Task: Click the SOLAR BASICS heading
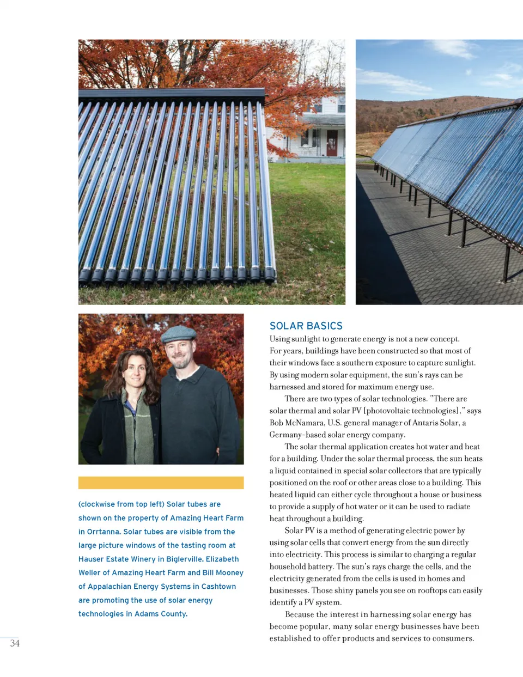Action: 306,326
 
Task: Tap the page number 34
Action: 15,643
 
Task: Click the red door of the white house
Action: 332,143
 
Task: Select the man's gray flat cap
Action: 179,333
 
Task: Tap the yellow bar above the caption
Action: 161,483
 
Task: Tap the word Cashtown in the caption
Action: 218,586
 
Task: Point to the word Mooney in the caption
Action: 229,572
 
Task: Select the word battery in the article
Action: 319,566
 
